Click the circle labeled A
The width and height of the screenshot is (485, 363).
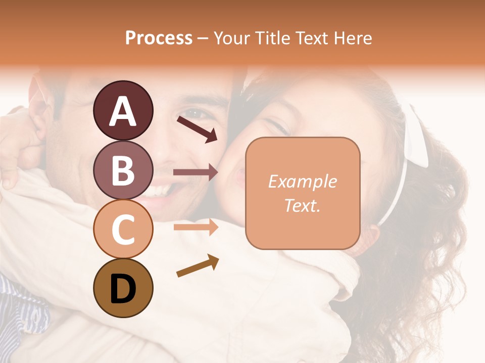[123, 110]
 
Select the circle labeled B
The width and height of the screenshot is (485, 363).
[123, 170]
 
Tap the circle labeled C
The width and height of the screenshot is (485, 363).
[123, 229]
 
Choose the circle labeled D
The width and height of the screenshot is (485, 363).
[123, 288]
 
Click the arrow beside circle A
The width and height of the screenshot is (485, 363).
[197, 129]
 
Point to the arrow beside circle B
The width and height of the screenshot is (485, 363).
[196, 172]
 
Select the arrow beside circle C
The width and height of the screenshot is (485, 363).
[196, 227]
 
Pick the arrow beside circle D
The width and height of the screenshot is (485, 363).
[198, 265]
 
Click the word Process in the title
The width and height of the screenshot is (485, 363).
[159, 38]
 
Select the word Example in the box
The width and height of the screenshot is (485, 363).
[302, 181]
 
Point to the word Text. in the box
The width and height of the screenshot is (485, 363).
[302, 205]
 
